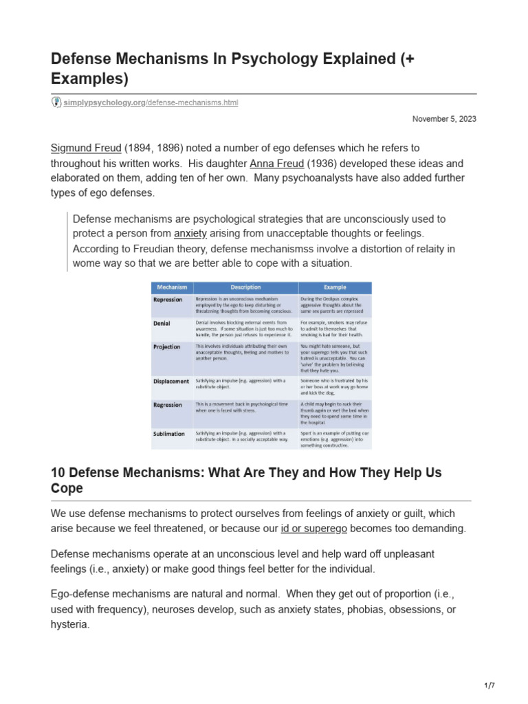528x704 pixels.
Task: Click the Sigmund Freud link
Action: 85,148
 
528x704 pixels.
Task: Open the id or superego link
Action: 314,528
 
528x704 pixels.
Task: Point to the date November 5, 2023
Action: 444,119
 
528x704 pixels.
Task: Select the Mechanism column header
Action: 172,287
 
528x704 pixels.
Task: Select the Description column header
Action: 245,287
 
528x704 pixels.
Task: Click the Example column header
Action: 335,287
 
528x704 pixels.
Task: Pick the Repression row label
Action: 168,300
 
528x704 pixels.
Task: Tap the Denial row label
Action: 162,322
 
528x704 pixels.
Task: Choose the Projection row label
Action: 167,347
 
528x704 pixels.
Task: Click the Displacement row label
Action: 171,381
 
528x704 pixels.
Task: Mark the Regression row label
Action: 168,405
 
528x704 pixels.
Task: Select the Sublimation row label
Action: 169,434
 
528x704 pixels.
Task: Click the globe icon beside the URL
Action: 56,102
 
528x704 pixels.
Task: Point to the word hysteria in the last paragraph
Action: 70,626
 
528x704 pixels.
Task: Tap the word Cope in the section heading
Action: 67,489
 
